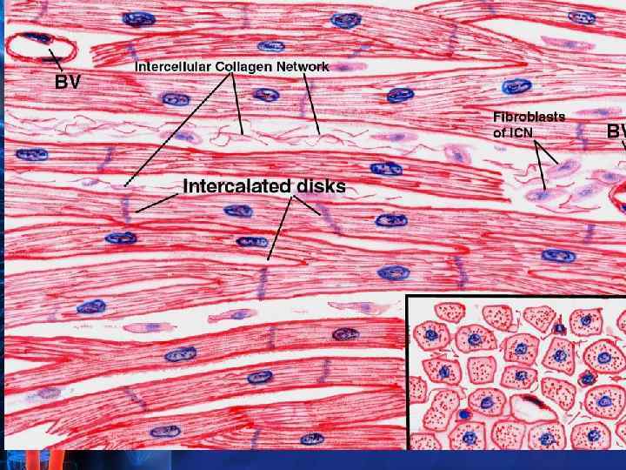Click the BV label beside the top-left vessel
(x=70, y=84)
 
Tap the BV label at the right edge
(x=616, y=131)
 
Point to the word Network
(x=301, y=66)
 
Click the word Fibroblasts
(x=529, y=116)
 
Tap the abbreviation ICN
(x=521, y=132)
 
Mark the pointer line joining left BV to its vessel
(x=57, y=61)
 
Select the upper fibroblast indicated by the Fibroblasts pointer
(x=566, y=165)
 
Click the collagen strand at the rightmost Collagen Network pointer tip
(x=319, y=135)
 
